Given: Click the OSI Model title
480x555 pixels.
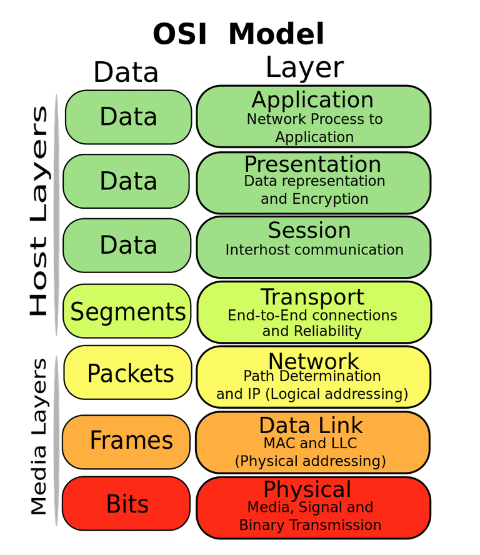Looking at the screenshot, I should click(239, 34).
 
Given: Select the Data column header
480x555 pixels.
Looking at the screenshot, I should click(126, 72).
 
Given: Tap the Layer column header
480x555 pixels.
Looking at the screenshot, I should click(304, 67).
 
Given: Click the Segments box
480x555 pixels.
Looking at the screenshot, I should click(127, 311).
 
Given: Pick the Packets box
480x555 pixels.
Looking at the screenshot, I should click(127, 373).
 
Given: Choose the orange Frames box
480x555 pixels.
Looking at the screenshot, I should click(127, 440).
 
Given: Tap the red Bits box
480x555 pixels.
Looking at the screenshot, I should click(127, 504).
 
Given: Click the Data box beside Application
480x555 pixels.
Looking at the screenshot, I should click(128, 117).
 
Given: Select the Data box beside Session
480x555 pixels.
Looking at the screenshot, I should click(128, 244).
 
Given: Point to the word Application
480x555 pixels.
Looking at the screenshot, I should click(312, 100).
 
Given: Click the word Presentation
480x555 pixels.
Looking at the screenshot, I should click(312, 164).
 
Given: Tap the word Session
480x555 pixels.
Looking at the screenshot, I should click(309, 231).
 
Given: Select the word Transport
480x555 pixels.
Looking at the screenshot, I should click(312, 297).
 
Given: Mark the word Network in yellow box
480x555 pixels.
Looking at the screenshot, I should click(314, 361).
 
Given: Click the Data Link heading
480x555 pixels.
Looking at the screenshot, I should click(311, 426).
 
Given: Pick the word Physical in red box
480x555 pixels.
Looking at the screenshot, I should click(307, 489).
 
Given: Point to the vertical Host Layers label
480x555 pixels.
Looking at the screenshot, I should click(38, 212).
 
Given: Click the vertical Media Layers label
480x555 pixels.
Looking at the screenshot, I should click(39, 436).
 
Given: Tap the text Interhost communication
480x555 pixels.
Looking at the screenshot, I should click(314, 250).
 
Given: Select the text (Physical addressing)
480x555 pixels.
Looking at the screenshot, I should click(310, 462).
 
